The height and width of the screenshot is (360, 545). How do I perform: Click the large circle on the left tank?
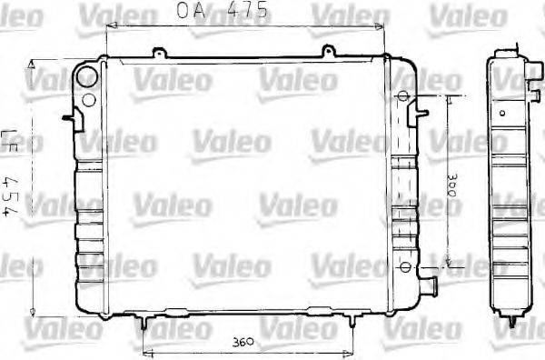tap(87, 75)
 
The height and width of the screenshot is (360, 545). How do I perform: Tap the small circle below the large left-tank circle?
tap(89, 100)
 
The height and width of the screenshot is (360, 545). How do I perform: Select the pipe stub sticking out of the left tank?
tap(69, 116)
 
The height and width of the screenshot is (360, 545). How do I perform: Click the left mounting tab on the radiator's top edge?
tap(159, 53)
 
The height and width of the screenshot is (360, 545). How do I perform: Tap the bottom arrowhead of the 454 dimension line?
tap(33, 307)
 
